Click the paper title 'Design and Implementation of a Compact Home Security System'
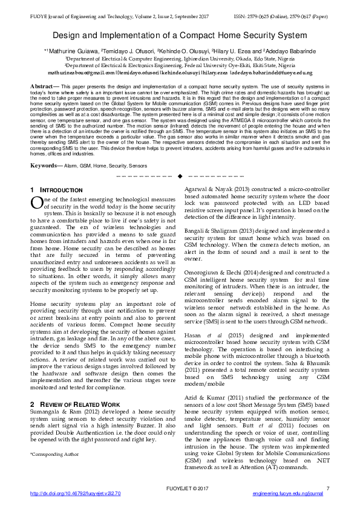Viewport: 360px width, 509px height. coord(180,36)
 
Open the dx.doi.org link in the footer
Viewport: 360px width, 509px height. coord(76,494)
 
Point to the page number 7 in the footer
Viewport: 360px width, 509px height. coord(327,488)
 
